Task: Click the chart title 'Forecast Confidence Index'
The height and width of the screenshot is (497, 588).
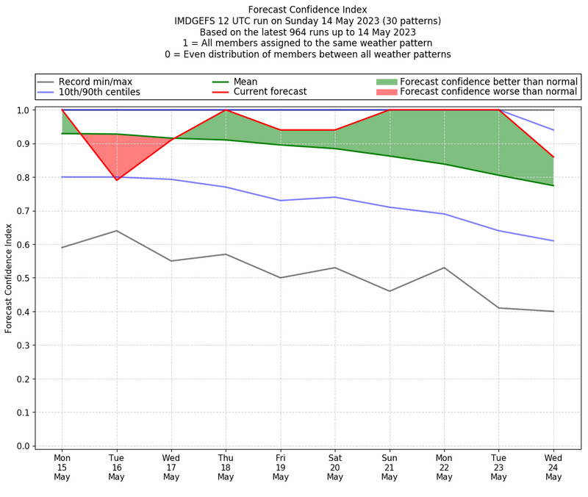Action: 306,10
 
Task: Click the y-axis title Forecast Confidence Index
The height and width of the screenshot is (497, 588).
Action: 9,278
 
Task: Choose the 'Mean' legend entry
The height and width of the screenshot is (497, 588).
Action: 245,82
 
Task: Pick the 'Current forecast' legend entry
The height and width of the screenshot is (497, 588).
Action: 270,92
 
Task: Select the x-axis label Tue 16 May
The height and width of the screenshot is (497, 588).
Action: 116,467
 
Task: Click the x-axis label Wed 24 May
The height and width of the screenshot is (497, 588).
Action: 553,467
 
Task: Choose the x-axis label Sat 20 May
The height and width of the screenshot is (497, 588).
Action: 335,467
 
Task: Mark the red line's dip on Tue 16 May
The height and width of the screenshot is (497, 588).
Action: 116,180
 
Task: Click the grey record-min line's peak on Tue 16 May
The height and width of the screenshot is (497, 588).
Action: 116,231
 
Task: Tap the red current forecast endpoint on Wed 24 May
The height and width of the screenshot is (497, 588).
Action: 553,157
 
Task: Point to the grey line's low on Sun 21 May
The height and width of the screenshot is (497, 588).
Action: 390,291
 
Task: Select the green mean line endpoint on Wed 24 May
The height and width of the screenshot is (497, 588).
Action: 553,185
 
